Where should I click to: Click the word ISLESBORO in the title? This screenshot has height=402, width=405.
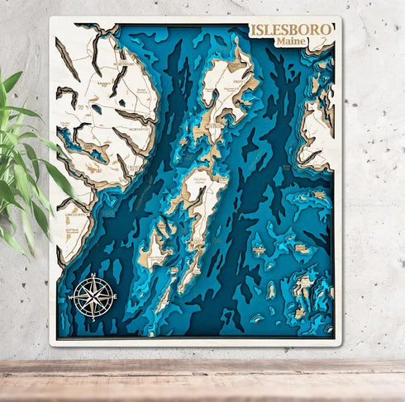[291, 30]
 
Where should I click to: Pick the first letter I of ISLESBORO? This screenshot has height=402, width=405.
[254, 30]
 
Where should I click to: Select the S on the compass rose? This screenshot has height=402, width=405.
[92, 318]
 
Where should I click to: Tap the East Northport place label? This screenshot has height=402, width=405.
[124, 64]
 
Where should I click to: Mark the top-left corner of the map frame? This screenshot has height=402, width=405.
[50, 18]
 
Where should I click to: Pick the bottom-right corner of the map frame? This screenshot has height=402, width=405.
[340, 343]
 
